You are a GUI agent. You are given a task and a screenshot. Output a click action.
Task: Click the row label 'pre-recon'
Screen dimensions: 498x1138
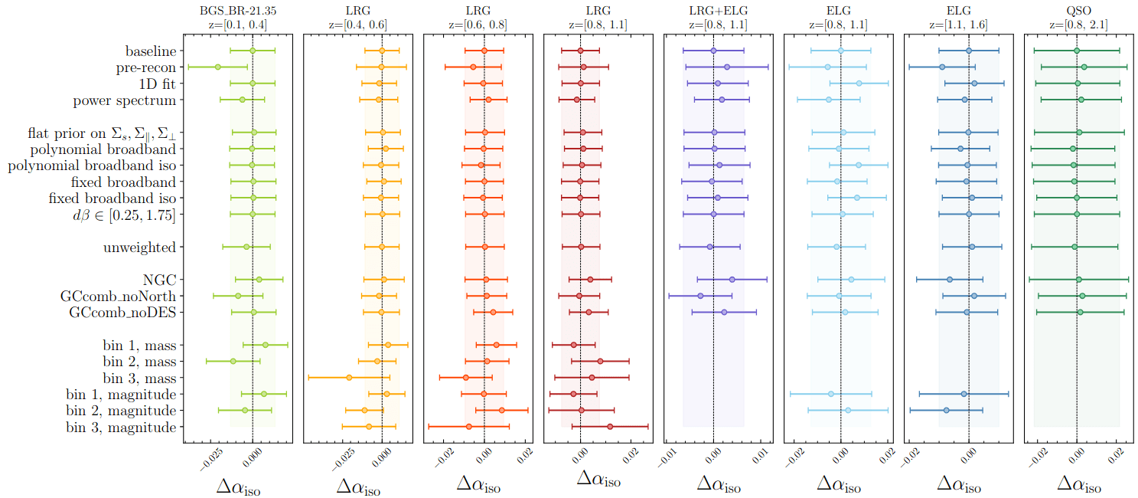click(x=145, y=67)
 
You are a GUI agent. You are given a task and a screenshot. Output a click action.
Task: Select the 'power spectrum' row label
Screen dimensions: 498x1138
click(x=125, y=100)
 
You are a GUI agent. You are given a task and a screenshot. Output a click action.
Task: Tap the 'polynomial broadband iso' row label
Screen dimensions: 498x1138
click(x=92, y=165)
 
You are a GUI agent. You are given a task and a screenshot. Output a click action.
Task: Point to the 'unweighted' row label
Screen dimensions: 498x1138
click(x=139, y=247)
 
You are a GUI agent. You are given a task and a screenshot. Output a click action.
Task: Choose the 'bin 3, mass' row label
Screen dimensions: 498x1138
click(x=139, y=378)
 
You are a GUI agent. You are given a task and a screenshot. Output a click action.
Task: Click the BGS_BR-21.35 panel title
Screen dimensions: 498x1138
click(x=237, y=11)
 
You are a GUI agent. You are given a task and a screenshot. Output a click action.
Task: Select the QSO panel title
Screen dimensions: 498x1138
click(x=1078, y=11)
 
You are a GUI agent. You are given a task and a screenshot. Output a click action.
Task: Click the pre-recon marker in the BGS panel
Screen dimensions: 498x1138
click(x=218, y=67)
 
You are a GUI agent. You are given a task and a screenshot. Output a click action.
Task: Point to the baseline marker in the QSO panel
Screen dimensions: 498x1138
click(x=1077, y=51)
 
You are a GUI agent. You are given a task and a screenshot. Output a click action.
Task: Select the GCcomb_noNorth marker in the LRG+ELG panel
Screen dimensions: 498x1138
click(x=700, y=296)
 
